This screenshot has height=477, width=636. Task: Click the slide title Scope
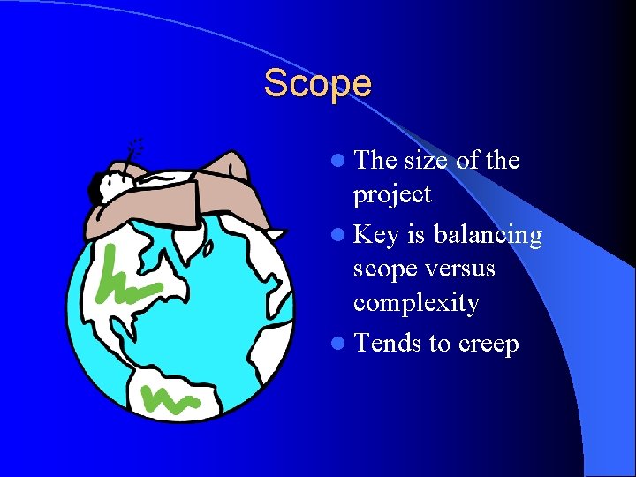[x=318, y=84]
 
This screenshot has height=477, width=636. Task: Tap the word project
[x=392, y=195]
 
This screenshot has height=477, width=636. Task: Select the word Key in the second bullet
[x=375, y=235]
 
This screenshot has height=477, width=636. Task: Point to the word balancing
[x=488, y=235]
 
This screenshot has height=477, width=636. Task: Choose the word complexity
[x=416, y=304]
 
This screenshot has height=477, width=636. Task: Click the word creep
[x=488, y=344]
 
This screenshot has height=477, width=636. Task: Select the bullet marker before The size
[x=340, y=162]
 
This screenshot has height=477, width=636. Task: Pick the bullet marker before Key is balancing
[x=340, y=236]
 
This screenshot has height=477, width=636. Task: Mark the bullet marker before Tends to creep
[x=340, y=344]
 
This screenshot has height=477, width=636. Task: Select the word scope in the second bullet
[x=387, y=268]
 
